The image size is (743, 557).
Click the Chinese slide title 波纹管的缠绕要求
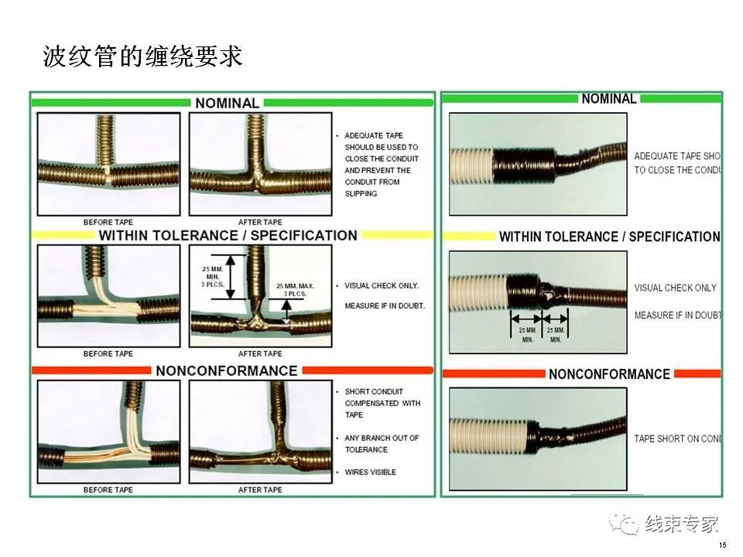tap(142, 56)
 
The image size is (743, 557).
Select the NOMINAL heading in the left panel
tap(227, 103)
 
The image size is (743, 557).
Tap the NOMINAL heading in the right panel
tap(608, 99)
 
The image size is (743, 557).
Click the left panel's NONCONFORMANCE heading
tap(226, 371)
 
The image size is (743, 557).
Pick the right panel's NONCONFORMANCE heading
tap(609, 374)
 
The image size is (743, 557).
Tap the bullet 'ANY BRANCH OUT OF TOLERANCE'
tap(381, 443)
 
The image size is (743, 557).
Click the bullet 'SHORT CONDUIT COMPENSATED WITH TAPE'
tap(382, 403)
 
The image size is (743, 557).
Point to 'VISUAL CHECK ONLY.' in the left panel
tap(382, 285)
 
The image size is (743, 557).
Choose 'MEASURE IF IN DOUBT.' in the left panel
tap(385, 306)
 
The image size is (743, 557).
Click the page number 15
tap(722, 545)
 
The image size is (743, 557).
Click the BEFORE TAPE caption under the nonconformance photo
tap(108, 490)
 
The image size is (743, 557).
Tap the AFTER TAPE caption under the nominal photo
tap(260, 222)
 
